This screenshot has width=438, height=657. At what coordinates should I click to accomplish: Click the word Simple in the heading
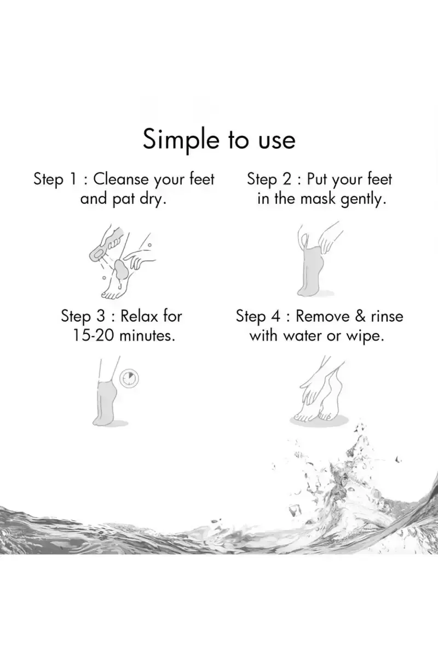tap(181, 141)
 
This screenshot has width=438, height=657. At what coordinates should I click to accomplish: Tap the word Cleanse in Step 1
tap(121, 178)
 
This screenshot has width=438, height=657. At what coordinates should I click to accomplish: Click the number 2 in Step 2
tap(287, 179)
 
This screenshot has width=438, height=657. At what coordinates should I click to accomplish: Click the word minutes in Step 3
tap(147, 336)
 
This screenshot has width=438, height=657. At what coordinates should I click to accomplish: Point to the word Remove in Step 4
tap(322, 316)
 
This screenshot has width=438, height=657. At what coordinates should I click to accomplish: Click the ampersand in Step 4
tap(360, 316)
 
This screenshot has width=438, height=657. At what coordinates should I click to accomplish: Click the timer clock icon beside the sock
tap(129, 378)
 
